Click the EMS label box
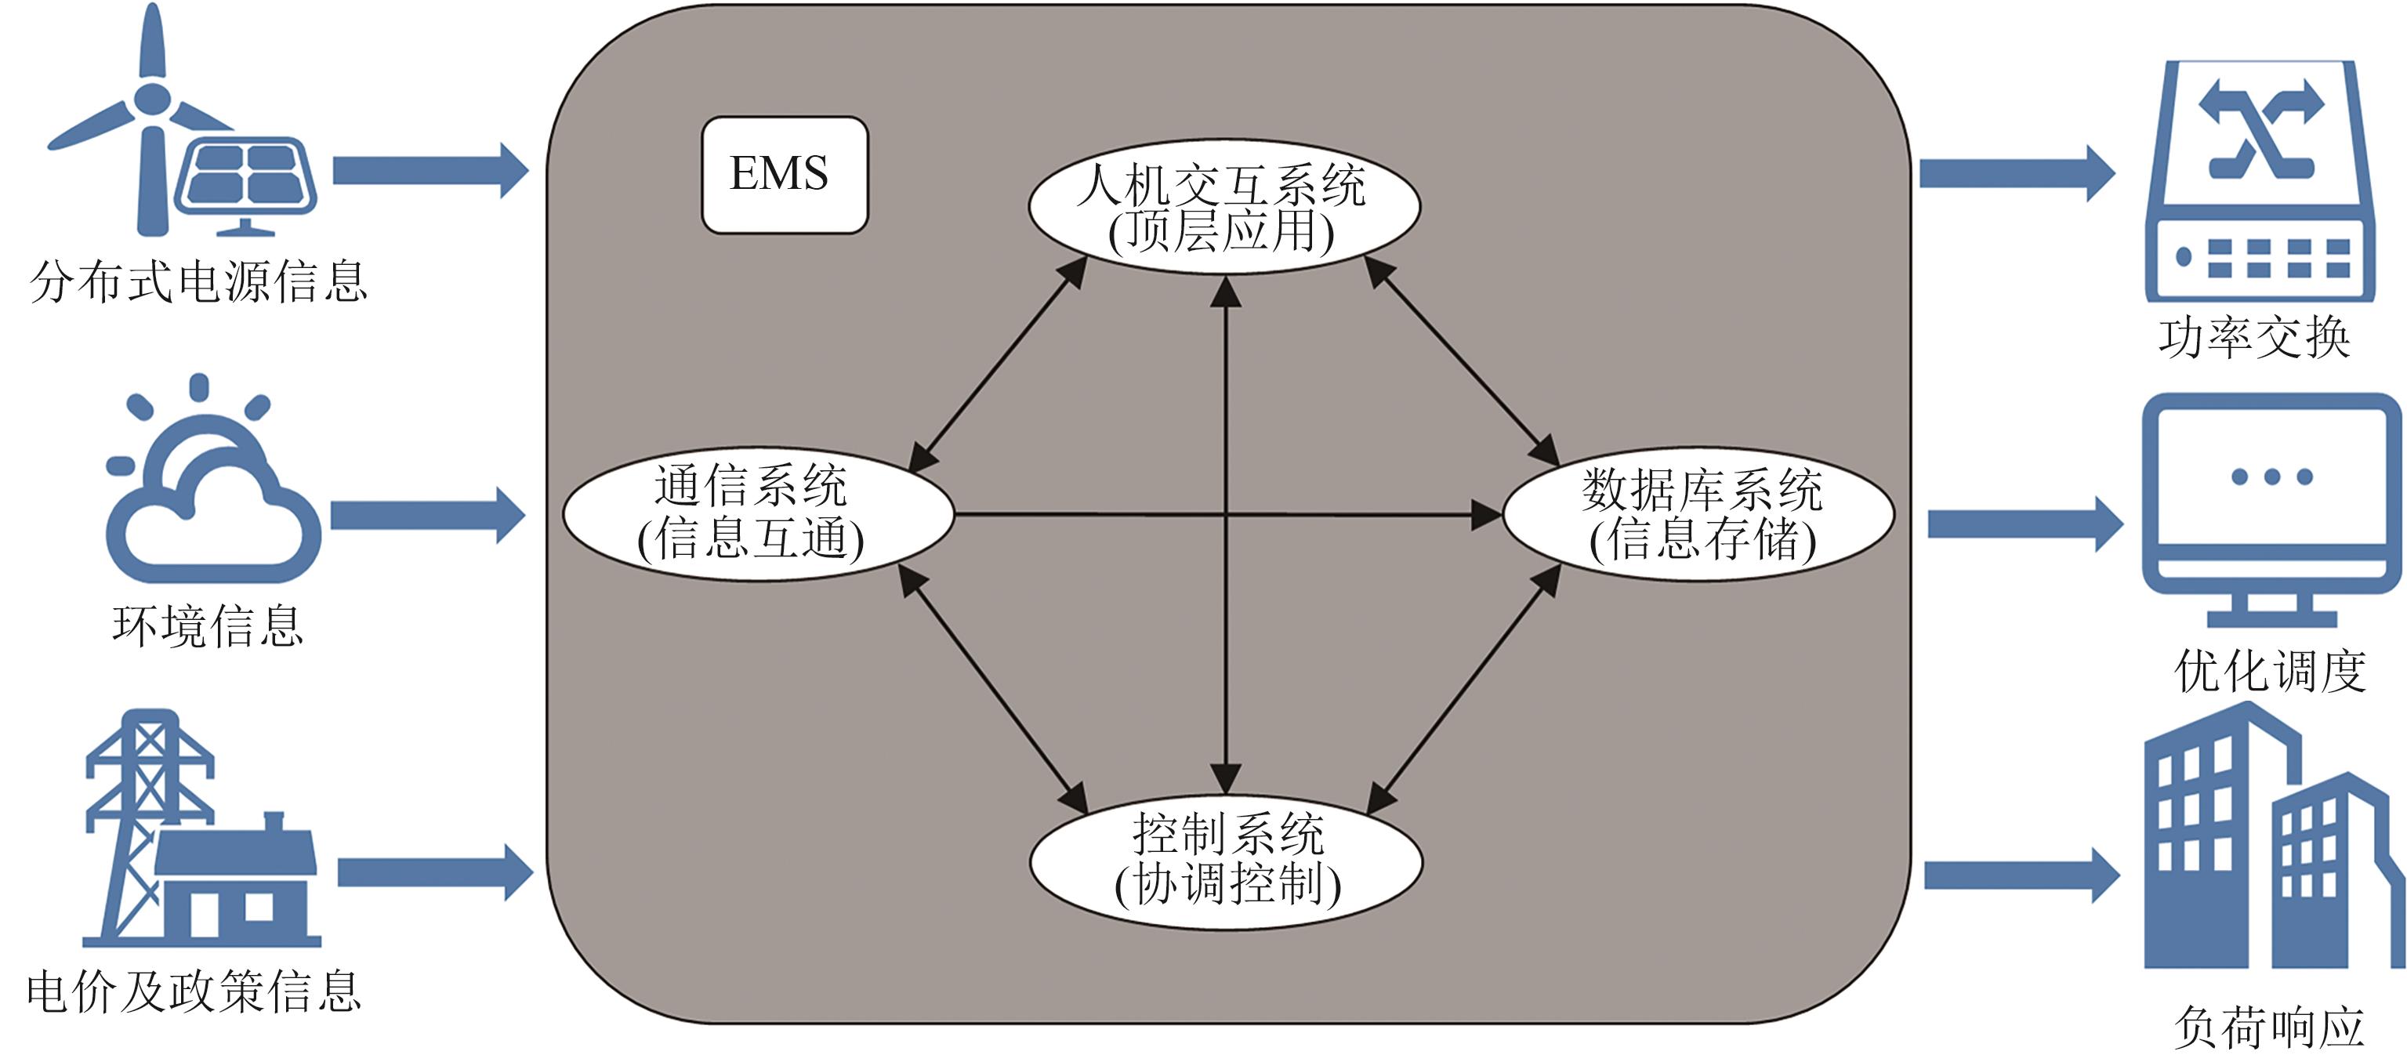click(784, 175)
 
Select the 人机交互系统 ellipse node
click(1224, 206)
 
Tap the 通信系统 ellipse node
click(758, 513)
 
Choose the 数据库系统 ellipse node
click(1698, 513)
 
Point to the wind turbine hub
click(152, 98)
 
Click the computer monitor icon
click(2271, 509)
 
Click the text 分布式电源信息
click(198, 281)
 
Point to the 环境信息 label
click(208, 625)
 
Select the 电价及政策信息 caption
click(194, 992)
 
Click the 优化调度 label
click(2271, 671)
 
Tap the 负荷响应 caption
click(2269, 1028)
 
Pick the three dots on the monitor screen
click(2271, 477)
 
